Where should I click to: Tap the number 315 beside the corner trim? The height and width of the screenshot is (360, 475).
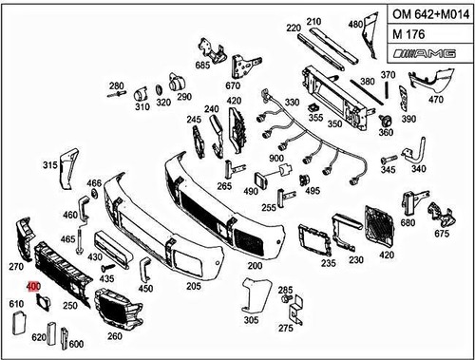pos(50,165)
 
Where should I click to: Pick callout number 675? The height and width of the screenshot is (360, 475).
pos(442,233)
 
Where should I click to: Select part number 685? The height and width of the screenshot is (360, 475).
pos(202,66)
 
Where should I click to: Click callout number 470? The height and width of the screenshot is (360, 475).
pos(436,98)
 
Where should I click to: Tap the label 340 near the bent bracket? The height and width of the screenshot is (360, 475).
pos(418,169)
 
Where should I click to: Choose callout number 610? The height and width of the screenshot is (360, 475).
pos(16,304)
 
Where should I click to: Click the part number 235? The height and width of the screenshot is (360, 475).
pos(328,262)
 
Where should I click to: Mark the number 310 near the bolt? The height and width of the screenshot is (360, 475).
pos(142,107)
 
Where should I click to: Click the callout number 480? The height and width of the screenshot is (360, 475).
pos(355,23)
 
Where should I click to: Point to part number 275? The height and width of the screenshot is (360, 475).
pos(286,328)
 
